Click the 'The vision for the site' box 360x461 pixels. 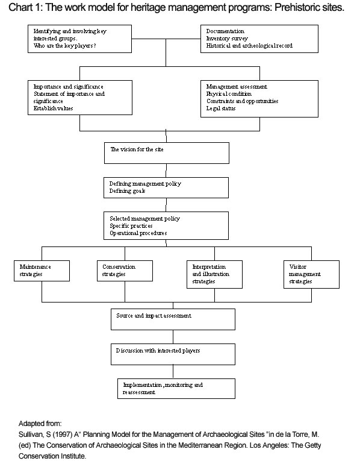[167, 153]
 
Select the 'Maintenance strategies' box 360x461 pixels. [42, 271]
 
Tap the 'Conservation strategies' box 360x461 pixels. [125, 271]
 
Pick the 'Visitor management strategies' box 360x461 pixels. [311, 274]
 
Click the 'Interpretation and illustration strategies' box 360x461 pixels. [214, 274]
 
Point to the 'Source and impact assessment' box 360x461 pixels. [173, 319]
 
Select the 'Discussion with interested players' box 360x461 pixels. [173, 354]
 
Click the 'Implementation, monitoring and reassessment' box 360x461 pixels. [176, 388]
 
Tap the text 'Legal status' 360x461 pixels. [221, 108]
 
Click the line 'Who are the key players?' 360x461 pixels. [65, 46]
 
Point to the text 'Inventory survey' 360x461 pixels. [227, 38]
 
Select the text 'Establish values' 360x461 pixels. [53, 108]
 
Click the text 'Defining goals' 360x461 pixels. [127, 191]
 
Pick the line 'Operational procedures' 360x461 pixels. [138, 233]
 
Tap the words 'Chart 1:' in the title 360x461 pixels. [26, 7]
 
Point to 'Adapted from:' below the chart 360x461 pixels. [40, 424]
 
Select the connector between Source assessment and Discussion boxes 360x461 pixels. [173, 337]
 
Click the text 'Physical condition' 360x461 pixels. [229, 94]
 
